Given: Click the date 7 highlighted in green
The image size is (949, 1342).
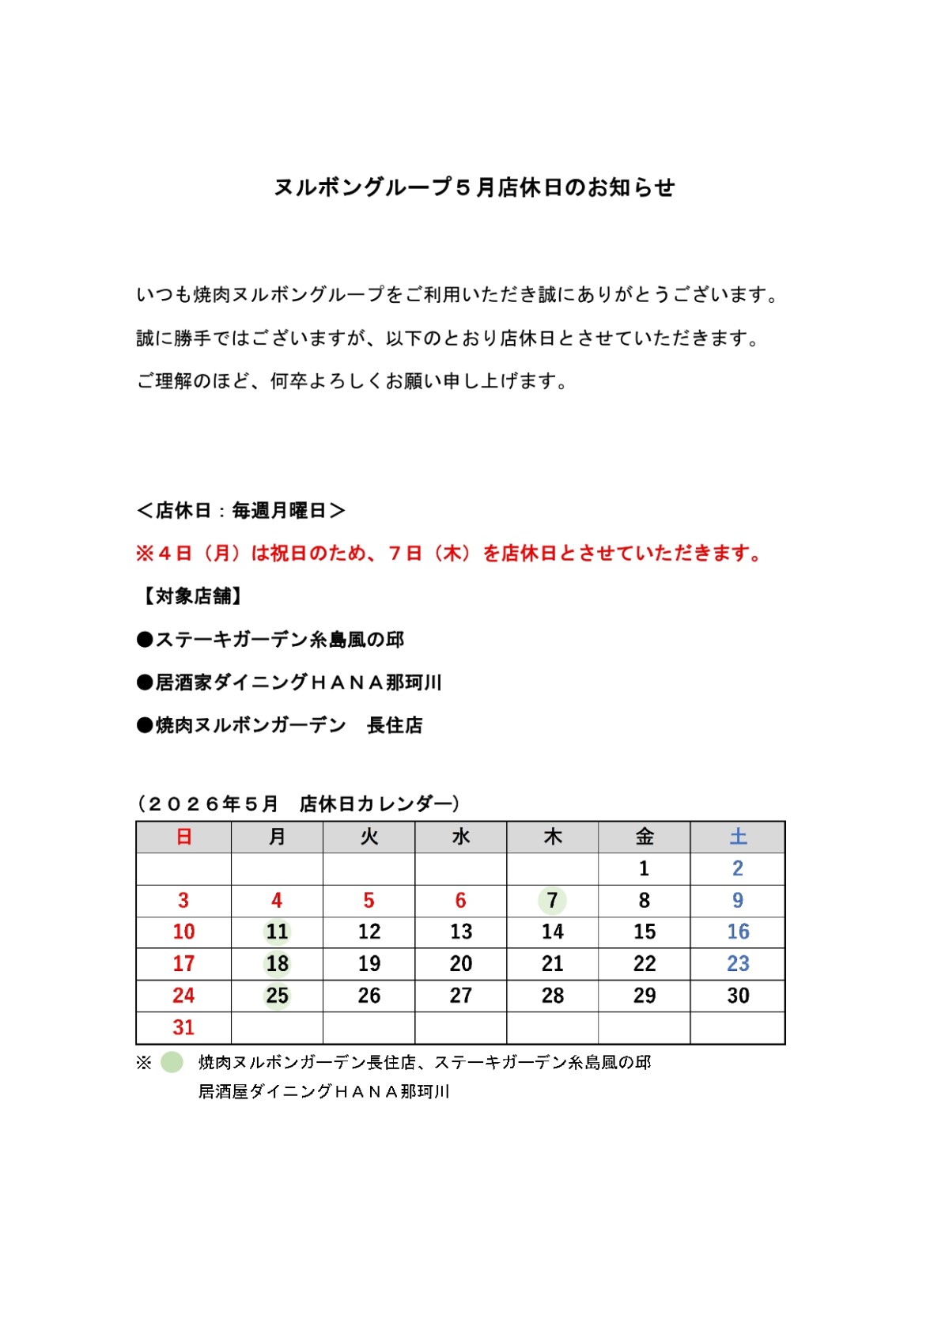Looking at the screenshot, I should click(552, 900).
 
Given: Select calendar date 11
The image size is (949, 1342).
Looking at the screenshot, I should click(277, 932).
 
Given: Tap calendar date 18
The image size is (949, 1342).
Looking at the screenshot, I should click(277, 963).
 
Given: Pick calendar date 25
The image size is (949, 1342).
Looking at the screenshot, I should click(277, 996).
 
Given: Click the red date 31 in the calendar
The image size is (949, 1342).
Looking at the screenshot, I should click(183, 1027).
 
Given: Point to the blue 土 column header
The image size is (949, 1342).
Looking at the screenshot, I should click(738, 837).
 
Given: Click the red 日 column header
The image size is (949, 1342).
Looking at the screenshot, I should click(183, 837).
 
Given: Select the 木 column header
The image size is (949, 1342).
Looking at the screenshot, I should click(552, 837).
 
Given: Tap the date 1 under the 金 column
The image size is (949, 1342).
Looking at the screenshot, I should click(644, 868).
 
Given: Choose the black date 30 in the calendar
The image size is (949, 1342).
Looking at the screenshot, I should click(738, 996).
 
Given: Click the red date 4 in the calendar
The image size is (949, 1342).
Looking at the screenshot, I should click(277, 900).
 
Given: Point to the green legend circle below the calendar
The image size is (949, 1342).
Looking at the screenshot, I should click(172, 1062).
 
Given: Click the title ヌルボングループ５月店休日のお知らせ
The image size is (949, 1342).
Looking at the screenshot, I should click(475, 187).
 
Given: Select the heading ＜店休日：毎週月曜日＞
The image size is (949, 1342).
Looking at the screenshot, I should click(241, 511).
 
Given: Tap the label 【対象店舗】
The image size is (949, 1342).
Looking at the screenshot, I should click(191, 596).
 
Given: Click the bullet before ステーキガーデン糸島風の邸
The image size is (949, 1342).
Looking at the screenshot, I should click(145, 640).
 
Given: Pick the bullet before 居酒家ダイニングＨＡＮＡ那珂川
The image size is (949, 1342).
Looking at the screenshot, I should click(145, 682).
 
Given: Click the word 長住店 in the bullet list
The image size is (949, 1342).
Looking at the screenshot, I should click(395, 725).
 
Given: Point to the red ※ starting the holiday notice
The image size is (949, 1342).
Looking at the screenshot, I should click(144, 554).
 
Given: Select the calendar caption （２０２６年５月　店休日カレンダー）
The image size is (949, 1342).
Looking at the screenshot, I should click(299, 803).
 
